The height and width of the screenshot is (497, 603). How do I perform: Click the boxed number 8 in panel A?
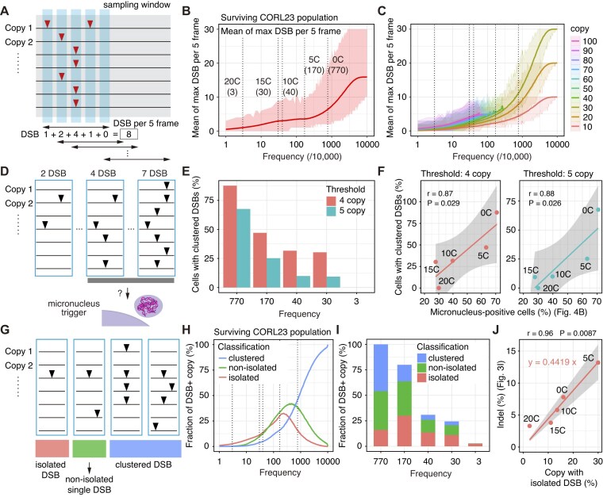tap(129, 135)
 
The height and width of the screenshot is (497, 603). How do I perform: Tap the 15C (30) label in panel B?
tap(263, 87)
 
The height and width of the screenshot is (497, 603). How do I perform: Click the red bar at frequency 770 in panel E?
tap(230, 236)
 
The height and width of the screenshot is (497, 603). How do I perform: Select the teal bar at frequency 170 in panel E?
tap(273, 273)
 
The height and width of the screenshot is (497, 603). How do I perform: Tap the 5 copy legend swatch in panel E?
tap(331, 211)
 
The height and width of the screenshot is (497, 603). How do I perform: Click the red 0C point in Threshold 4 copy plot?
tap(497, 212)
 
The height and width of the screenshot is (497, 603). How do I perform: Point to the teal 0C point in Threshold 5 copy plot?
tap(597, 210)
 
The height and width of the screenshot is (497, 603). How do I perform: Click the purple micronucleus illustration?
tap(148, 307)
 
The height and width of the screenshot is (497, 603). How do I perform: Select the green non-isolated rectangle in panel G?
tap(89, 449)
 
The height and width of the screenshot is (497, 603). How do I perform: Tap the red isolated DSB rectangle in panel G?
tap(52, 449)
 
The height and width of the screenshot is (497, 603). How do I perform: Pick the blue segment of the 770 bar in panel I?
tap(381, 368)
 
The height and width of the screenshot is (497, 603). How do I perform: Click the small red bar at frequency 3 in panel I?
tap(475, 445)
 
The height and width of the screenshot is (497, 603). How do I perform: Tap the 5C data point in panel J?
tap(598, 362)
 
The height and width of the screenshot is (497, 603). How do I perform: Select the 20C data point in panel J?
tap(529, 426)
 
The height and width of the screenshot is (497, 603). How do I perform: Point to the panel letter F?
tap(381, 170)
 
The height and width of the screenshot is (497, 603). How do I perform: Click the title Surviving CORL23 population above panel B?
tap(279, 17)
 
